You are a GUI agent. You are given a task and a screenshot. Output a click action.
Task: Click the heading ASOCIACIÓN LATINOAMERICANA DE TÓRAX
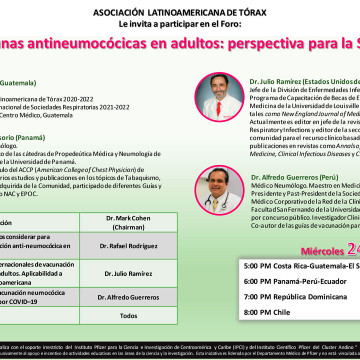[179, 9]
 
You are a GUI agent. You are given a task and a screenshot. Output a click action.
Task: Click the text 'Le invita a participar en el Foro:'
[179, 20]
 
